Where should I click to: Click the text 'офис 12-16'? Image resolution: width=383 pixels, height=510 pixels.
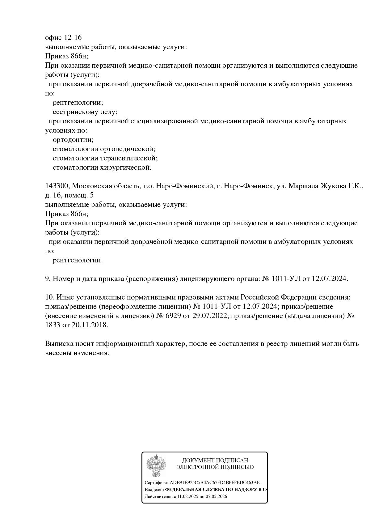63,38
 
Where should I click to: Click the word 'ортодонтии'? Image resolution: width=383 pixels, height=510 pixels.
73,140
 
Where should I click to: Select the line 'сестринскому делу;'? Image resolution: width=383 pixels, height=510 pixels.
85,112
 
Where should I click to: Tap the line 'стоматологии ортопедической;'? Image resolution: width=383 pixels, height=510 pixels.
104,149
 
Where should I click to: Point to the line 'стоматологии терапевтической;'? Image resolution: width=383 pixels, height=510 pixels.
105,158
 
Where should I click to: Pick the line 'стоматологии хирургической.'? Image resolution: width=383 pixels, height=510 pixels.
102,168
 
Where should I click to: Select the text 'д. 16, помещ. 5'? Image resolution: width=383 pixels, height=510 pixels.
69,195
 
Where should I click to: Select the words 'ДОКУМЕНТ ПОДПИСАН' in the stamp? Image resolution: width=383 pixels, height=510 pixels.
215,461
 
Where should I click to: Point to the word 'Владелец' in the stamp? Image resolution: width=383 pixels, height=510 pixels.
154,490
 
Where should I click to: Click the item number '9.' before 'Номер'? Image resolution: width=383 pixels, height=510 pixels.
48,279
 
